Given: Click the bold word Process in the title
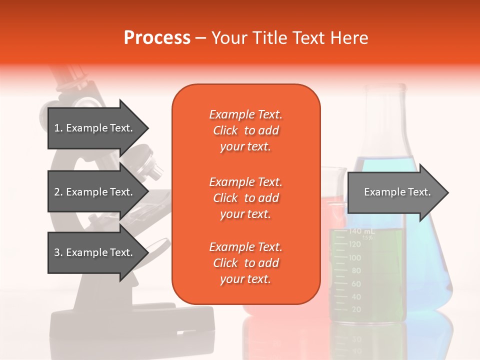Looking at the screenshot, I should click(x=157, y=37).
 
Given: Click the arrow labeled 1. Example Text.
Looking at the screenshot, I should click(x=95, y=128).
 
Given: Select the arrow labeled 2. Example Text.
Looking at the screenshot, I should click(x=95, y=192).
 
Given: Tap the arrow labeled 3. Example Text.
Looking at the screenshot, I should click(x=95, y=252).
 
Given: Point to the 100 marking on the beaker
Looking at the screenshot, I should click(x=354, y=257).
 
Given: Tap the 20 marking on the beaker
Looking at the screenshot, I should click(x=356, y=309).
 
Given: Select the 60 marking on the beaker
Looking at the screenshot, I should click(x=356, y=283).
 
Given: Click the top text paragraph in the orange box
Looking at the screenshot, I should click(x=245, y=130).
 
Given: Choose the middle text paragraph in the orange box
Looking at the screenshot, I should click(x=245, y=198).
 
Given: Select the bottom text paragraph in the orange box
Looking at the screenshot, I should click(x=245, y=263).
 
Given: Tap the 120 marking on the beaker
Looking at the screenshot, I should click(x=354, y=244).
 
